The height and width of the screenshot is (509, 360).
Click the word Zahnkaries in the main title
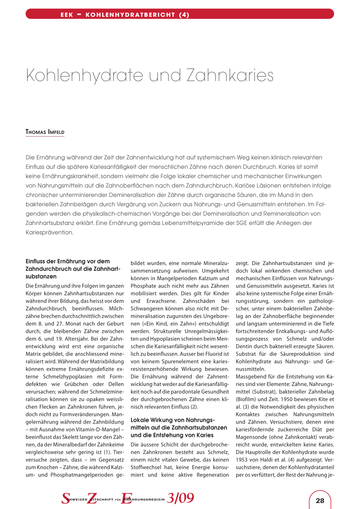click(x=230, y=75)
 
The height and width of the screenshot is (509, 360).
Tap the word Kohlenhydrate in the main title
click(x=84, y=75)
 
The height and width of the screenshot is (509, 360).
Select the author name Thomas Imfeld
click(x=45, y=132)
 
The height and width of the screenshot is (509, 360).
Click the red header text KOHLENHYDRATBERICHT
click(x=130, y=15)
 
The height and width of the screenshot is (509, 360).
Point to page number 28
click(x=320, y=501)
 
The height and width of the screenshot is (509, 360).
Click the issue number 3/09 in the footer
click(x=180, y=498)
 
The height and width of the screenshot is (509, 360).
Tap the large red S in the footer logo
click(x=66, y=498)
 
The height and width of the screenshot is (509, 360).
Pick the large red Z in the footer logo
click(x=92, y=498)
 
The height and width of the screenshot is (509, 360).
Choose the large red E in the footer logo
click(x=126, y=498)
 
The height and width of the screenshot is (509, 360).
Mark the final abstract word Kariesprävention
click(x=50, y=232)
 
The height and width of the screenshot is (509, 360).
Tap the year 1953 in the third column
click(x=243, y=459)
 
